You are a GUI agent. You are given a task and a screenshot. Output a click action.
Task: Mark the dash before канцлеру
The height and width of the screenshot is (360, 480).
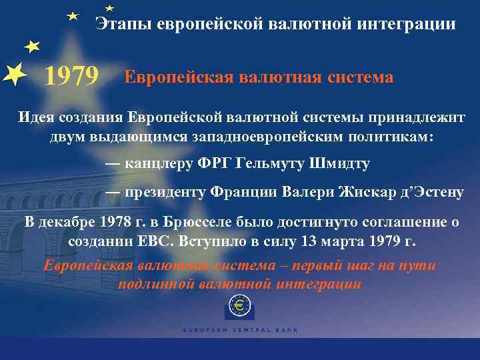point(113,164)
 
